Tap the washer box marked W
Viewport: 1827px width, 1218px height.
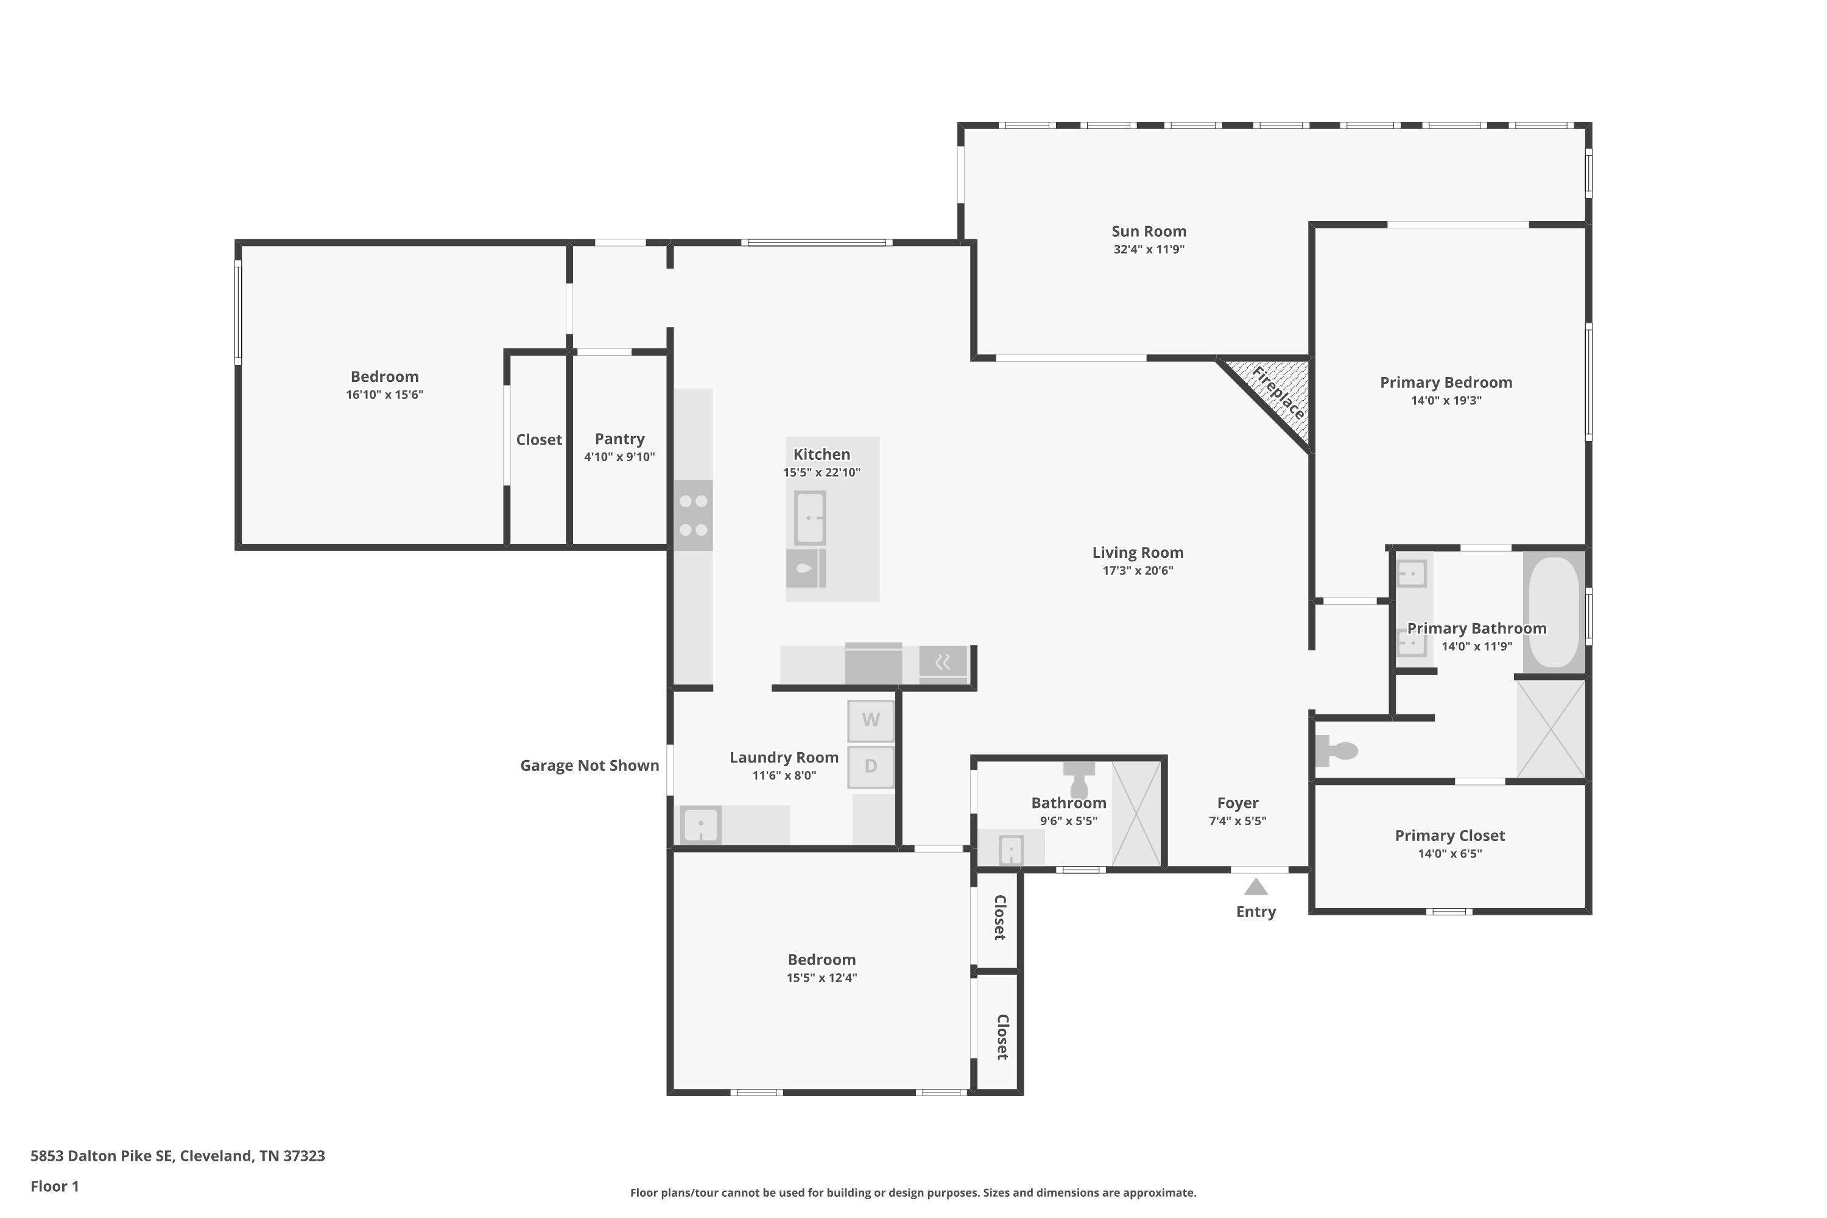[870, 720]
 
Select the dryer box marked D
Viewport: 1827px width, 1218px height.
[870, 767]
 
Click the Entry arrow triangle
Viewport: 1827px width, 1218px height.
[1255, 887]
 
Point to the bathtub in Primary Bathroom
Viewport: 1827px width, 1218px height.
[1554, 611]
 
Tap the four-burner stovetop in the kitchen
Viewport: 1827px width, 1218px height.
[693, 516]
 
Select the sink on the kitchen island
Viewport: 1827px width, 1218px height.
[809, 517]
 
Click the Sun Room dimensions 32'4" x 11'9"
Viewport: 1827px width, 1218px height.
[1148, 249]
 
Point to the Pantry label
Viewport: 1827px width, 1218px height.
[619, 439]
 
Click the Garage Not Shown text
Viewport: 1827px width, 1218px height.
[589, 766]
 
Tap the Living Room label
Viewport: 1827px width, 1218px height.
[1137, 552]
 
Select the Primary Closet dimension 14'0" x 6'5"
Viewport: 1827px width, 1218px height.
[1449, 854]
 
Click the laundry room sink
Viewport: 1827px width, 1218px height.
[701, 824]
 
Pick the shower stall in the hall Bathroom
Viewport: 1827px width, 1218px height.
[1136, 813]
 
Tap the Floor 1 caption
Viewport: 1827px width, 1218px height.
[54, 1186]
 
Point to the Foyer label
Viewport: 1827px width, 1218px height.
[1237, 803]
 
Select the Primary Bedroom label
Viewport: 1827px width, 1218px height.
[1446, 382]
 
